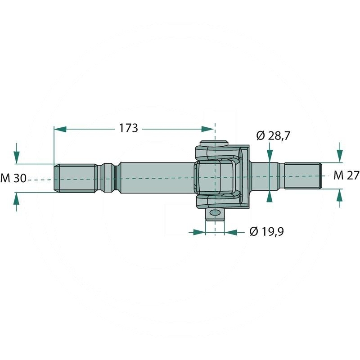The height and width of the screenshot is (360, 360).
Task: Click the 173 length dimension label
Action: pos(128,128)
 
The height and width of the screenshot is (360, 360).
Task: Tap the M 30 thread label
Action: pos(13,178)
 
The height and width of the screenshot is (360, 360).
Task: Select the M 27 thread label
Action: pos(346,176)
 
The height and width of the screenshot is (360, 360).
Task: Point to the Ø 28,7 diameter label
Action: pos(273,136)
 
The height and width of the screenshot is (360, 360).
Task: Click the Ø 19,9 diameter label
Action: pos(267,231)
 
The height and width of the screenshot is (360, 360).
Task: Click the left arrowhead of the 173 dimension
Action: pos(60,129)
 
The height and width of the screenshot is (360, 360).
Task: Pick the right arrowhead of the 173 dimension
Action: pos(207,129)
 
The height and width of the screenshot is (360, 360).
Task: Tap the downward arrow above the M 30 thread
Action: pos(17,153)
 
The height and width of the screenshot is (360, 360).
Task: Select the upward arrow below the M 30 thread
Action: pos(17,202)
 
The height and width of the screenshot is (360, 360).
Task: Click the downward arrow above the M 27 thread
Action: pos(340,153)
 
